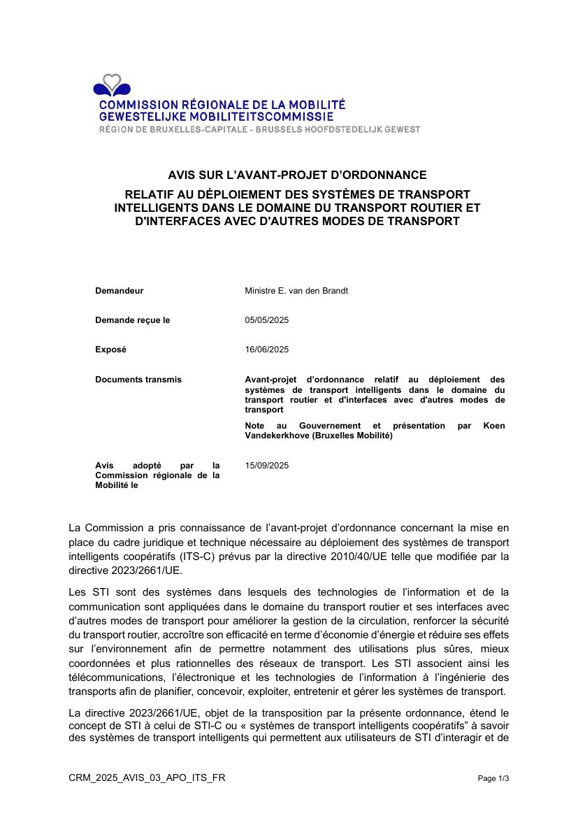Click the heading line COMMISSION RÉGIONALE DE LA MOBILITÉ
point(222,105)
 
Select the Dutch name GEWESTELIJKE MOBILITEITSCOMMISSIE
point(216,117)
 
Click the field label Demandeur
point(120,291)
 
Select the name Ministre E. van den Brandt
point(296,291)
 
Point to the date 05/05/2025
point(267,320)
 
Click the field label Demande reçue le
point(133,320)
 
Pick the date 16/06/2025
point(267,350)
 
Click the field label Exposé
point(110,350)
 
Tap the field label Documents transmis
point(138,380)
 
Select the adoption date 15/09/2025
point(267,466)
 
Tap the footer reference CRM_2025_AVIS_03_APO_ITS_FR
point(147,778)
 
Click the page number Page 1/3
point(493,778)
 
